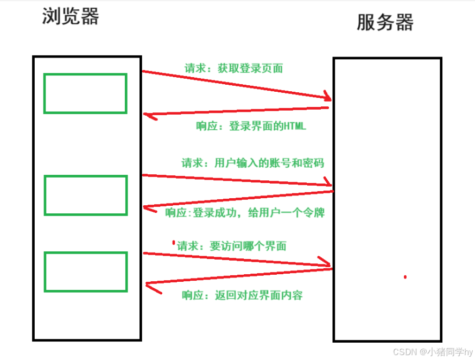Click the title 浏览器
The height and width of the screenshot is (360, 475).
[71, 17]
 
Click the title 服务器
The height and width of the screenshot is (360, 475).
[385, 22]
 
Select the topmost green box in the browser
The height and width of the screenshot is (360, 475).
[85, 93]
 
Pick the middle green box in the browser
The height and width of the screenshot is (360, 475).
[85, 195]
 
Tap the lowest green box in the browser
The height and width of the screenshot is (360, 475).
[85, 271]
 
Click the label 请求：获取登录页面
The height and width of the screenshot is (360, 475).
[233, 68]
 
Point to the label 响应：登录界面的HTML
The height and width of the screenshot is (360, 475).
[251, 126]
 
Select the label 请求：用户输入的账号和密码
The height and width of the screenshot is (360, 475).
[252, 162]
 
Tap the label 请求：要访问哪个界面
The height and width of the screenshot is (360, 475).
[232, 245]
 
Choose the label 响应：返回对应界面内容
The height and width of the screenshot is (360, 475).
[242, 295]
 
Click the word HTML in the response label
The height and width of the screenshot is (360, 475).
[294, 126]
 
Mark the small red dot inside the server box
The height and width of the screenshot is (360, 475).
[405, 277]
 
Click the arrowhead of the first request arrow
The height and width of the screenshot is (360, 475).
[327, 98]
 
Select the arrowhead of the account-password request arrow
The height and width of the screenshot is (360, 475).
[328, 184]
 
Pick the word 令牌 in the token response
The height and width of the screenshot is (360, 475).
[315, 212]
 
